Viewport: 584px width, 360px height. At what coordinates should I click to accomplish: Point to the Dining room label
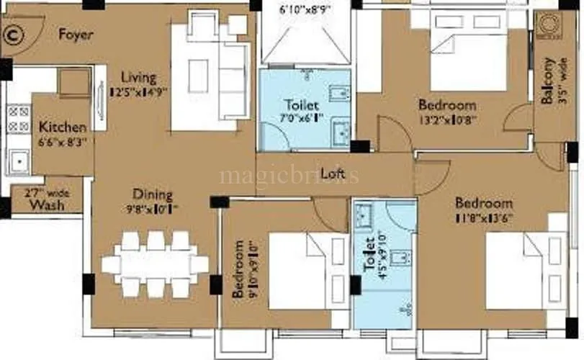click(x=152, y=194)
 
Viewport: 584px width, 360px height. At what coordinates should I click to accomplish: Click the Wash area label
click(x=46, y=205)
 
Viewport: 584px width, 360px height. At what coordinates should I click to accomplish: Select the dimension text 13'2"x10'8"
click(x=447, y=120)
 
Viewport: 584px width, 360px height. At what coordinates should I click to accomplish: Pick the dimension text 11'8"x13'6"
click(x=483, y=217)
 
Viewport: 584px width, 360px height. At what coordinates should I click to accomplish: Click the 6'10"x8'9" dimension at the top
click(x=305, y=10)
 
